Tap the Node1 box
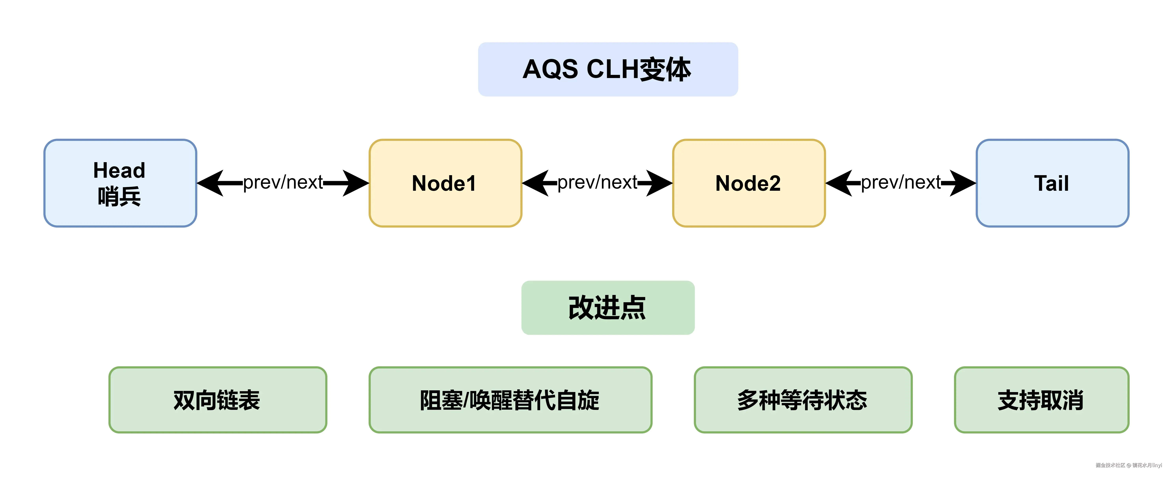click(x=445, y=183)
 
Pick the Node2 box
click(x=749, y=183)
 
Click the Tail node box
click(x=1052, y=183)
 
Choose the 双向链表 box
click(x=218, y=400)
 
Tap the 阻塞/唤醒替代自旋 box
click(x=510, y=400)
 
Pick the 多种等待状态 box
click(x=803, y=400)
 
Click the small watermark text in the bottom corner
click(x=1128, y=465)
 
